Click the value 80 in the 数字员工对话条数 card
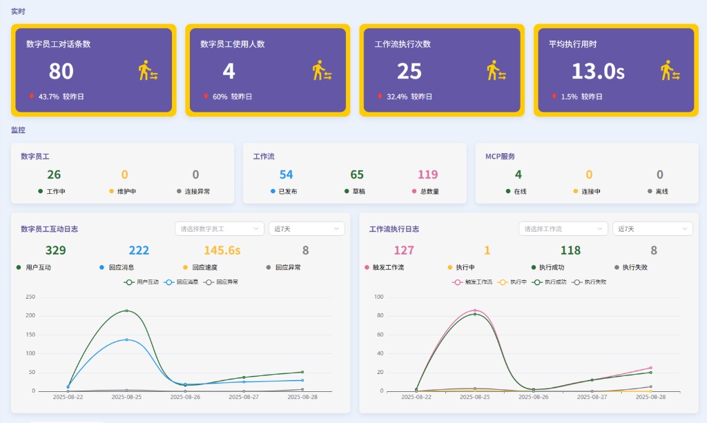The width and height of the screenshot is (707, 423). tap(61, 71)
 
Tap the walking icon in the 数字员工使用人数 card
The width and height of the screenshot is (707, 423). tap(322, 71)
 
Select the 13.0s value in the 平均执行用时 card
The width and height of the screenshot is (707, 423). tap(597, 71)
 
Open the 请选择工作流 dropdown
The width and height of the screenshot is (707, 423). tap(563, 228)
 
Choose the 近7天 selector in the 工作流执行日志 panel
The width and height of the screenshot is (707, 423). tap(653, 228)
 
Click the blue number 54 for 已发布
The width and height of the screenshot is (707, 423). tap(286, 175)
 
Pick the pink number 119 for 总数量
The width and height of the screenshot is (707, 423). tap(428, 175)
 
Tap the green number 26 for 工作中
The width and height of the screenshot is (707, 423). tap(54, 175)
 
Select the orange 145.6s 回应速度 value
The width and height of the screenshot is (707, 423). tap(222, 250)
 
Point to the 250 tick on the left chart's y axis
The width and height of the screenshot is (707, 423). tap(30, 297)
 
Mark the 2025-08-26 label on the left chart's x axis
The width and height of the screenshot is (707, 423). tap(185, 397)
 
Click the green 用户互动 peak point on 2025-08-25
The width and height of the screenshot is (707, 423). tap(126, 311)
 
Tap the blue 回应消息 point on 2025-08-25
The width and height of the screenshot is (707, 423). tap(126, 340)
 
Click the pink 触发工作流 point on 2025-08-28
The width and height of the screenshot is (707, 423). tap(650, 368)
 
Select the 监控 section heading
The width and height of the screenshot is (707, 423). tap(18, 130)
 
